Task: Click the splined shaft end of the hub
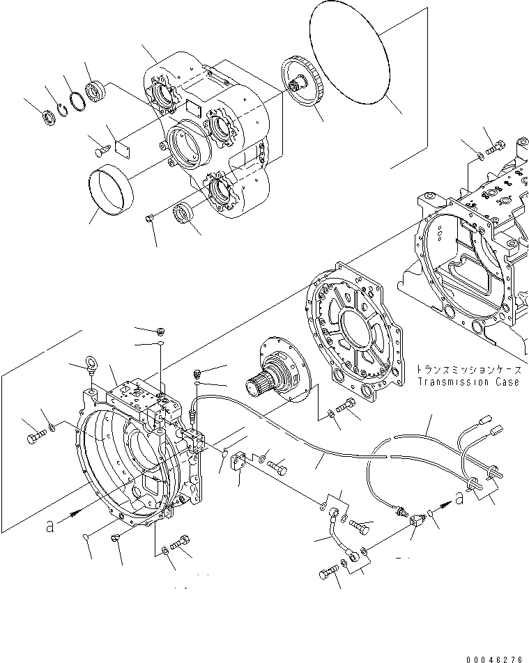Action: tap(256, 384)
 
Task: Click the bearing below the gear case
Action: tap(185, 212)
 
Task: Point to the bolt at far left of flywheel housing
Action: tap(35, 439)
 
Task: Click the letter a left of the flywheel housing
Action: tap(50, 528)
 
